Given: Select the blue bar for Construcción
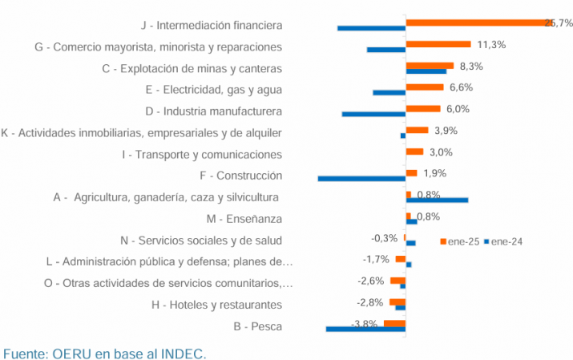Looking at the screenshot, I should pos(361,178).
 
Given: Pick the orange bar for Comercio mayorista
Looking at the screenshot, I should pos(438,44).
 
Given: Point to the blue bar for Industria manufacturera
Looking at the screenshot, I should pos(373,114).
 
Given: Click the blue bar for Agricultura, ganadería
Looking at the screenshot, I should pos(437,200).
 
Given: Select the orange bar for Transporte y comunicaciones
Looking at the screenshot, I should pos(414,152).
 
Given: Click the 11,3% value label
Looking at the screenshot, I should pos(491,44).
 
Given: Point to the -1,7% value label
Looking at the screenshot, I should pos(376,259).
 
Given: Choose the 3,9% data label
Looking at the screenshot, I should pos(446,131).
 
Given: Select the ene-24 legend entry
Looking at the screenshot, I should pos(505,241).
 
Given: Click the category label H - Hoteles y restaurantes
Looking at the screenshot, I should pos(216,305).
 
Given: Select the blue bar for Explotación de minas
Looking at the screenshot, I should pos(426,71).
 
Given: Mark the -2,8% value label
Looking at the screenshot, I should pos(371,301).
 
